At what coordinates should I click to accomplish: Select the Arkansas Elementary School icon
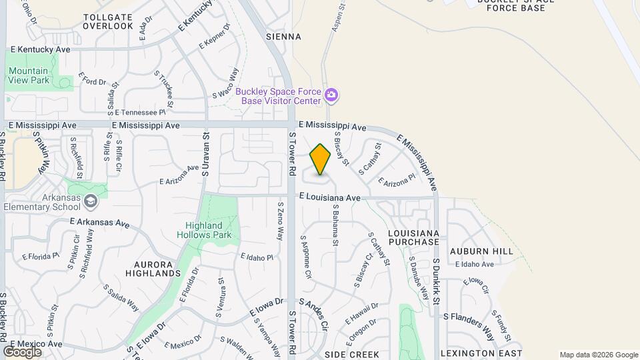[x=91, y=201]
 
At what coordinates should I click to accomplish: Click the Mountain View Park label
[x=29, y=75]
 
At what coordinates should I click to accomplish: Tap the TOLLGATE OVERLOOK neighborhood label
[x=109, y=21]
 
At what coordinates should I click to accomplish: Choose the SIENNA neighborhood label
[x=283, y=37]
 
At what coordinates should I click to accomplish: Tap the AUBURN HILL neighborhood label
[x=481, y=251]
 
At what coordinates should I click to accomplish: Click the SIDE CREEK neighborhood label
[x=352, y=355]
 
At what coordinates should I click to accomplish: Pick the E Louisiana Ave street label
[x=329, y=197]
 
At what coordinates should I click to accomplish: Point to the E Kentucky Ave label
[x=41, y=50]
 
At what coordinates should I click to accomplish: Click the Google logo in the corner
[x=22, y=351]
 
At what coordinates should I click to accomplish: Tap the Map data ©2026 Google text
[x=598, y=355]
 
